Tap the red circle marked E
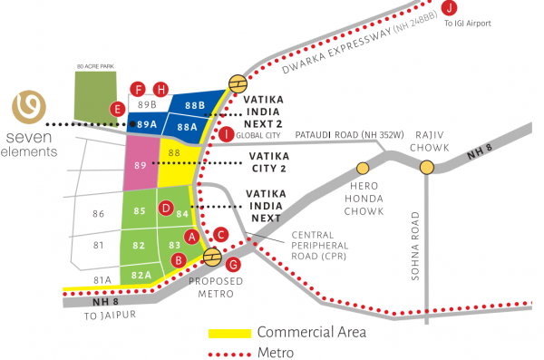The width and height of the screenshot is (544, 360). pyautogui.click(x=116, y=109)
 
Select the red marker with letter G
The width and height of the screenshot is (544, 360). pyautogui.click(x=233, y=264)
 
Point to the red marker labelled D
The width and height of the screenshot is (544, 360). pyautogui.click(x=166, y=209)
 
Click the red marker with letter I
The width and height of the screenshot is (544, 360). pyautogui.click(x=226, y=134)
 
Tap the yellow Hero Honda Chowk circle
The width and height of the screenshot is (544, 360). pyautogui.click(x=363, y=168)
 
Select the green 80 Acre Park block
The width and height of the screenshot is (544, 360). pyautogui.click(x=96, y=96)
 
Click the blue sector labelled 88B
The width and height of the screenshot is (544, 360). pyautogui.click(x=195, y=104)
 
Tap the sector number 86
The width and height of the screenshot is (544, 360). pyautogui.click(x=100, y=213)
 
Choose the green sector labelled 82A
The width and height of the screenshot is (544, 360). pyautogui.click(x=141, y=274)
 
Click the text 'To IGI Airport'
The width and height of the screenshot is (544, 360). pyautogui.click(x=466, y=24)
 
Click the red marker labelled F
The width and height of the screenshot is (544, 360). pyautogui.click(x=139, y=89)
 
